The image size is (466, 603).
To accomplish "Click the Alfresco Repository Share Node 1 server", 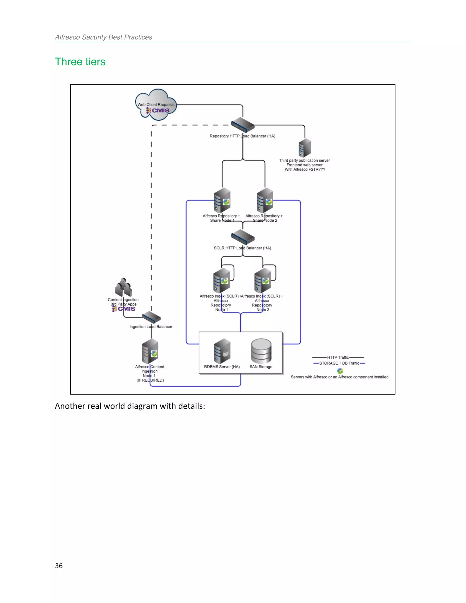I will [x=222, y=200].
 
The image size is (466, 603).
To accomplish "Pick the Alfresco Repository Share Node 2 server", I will [x=265, y=200].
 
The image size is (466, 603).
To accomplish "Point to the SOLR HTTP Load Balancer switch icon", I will [x=243, y=237].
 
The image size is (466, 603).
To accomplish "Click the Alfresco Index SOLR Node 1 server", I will [x=221, y=280].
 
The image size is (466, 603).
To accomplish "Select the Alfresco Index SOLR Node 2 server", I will [x=263, y=280].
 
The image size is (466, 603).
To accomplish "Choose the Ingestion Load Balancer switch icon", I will [x=151, y=317].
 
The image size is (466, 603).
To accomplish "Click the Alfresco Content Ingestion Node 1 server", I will [x=150, y=351].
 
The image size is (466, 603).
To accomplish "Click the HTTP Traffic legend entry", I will [x=338, y=357].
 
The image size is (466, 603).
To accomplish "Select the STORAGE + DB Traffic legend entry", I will [x=339, y=363].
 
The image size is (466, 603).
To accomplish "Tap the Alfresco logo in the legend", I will [x=340, y=371].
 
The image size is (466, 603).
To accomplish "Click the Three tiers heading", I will [x=80, y=62].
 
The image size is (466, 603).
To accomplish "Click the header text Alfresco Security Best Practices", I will [x=104, y=37].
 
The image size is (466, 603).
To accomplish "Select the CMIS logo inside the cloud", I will [x=158, y=110].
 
